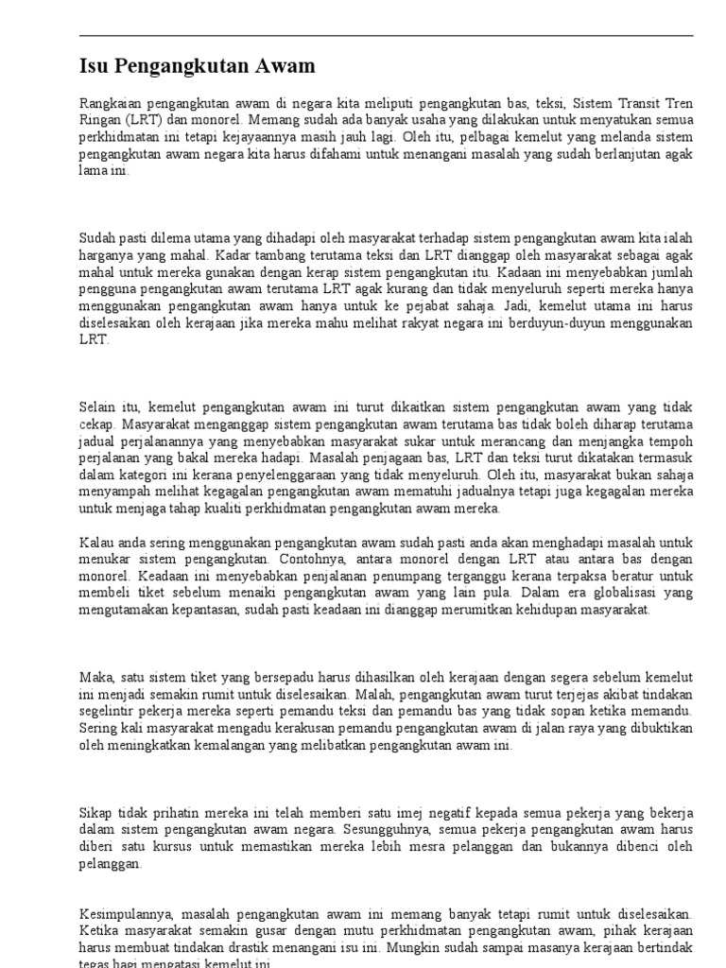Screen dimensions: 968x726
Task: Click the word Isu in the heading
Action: tap(93, 67)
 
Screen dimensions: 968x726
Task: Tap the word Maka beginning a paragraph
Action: tap(95, 678)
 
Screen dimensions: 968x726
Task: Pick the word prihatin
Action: tap(175, 813)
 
